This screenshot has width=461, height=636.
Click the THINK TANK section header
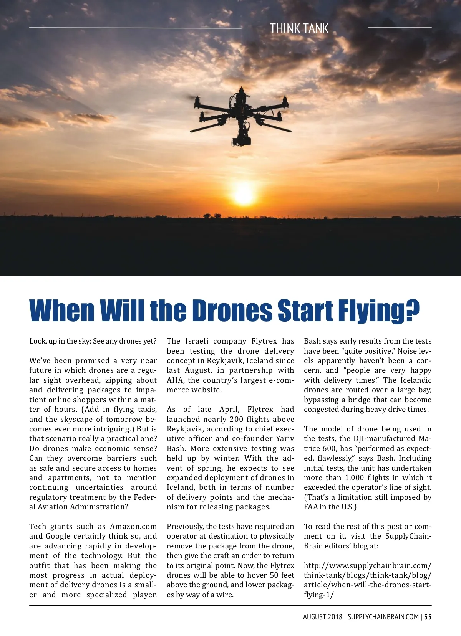(299, 28)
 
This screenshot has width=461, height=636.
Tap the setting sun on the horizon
(244, 194)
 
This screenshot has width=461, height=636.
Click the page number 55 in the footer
(428, 617)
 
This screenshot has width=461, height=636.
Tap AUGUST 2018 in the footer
(322, 617)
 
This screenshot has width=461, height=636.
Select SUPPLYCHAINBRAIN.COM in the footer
(383, 617)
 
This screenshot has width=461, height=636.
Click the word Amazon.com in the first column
(133, 526)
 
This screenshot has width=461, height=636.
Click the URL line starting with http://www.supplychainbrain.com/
(367, 565)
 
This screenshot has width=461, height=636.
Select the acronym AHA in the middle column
(175, 380)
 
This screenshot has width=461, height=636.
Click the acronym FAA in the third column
(311, 507)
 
